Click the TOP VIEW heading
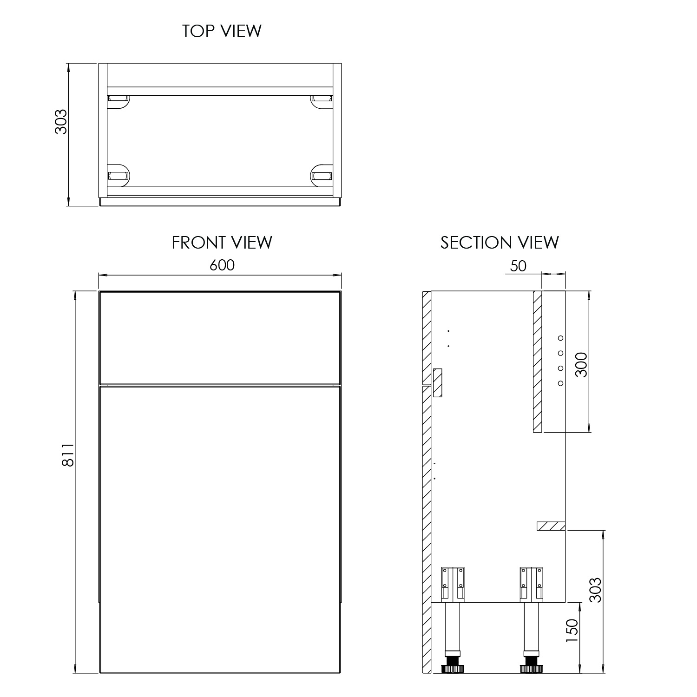222,31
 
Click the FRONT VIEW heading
222,243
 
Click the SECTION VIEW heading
500,243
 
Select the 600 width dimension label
222,265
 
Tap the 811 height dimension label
68,455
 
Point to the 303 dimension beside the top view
61,122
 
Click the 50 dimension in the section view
518,266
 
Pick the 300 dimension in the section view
581,365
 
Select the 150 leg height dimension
572,631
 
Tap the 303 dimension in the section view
595,590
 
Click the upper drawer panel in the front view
220,337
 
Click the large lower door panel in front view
220,527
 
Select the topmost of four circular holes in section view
560,338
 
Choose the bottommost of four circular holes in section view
560,383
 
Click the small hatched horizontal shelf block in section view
551,526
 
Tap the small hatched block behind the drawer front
437,383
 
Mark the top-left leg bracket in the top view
118,99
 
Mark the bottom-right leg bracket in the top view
322,176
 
